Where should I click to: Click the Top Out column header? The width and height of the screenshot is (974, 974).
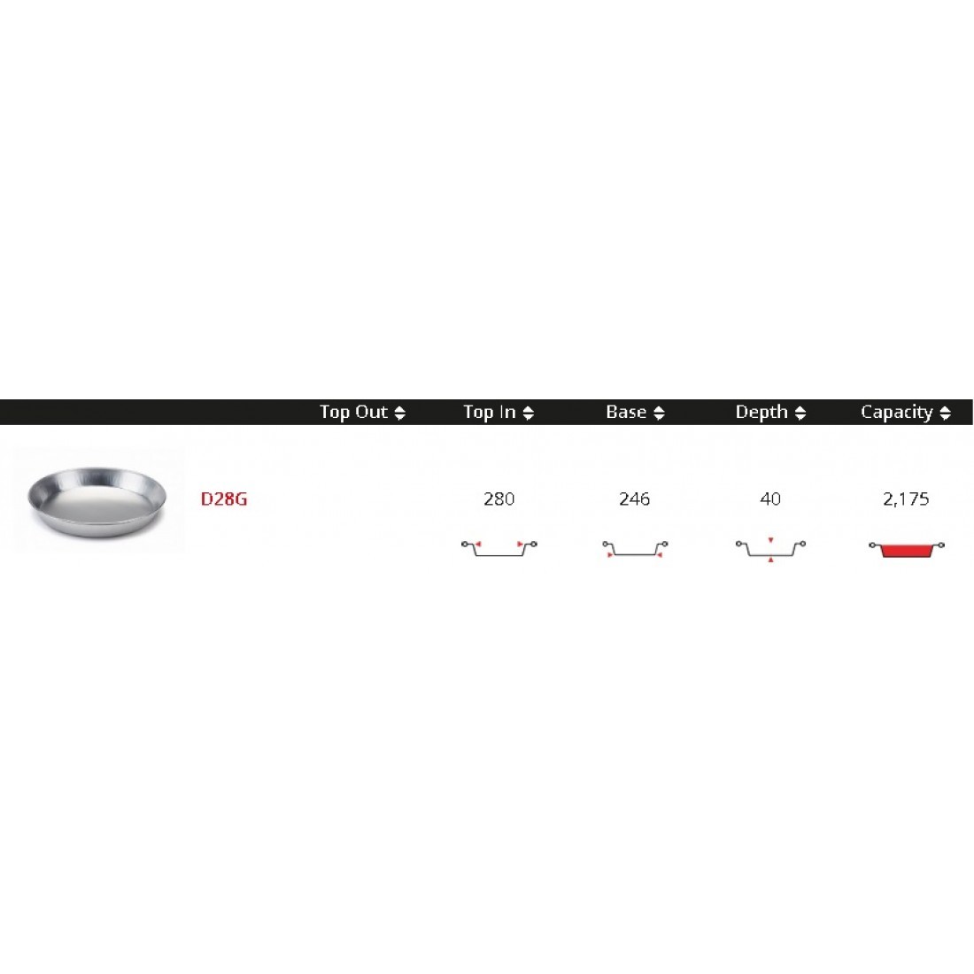(352, 413)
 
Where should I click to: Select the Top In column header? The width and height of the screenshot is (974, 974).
(490, 412)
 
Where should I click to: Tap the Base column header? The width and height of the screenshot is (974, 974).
(626, 412)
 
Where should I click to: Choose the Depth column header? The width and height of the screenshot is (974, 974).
(761, 413)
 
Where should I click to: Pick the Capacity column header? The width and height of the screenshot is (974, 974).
(896, 413)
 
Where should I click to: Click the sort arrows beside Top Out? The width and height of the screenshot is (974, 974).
(400, 414)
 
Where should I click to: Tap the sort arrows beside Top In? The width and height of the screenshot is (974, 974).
(529, 414)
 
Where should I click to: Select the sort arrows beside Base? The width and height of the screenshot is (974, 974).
(659, 414)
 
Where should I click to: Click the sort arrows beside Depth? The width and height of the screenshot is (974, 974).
(800, 414)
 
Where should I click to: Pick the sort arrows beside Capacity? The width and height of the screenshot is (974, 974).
(946, 414)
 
